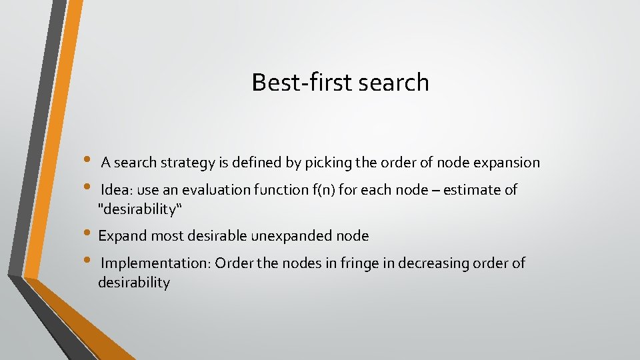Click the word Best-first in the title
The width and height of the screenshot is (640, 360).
click(x=302, y=82)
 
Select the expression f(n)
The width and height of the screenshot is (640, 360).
click(x=323, y=190)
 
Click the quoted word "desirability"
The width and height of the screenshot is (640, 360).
click(x=140, y=209)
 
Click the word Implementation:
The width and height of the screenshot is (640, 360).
click(x=156, y=263)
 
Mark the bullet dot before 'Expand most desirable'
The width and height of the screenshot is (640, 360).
click(x=89, y=233)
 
